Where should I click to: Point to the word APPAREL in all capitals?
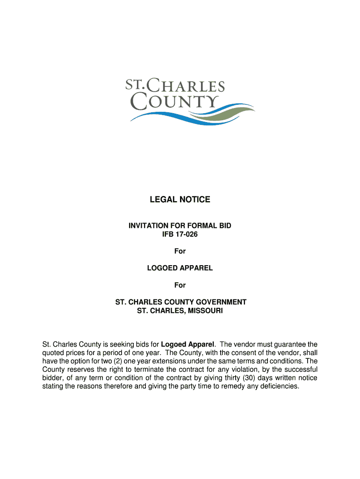click(196, 268)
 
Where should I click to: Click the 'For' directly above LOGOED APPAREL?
click(180, 251)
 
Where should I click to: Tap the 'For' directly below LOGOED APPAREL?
click(180, 285)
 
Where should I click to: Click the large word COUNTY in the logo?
click(174, 102)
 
